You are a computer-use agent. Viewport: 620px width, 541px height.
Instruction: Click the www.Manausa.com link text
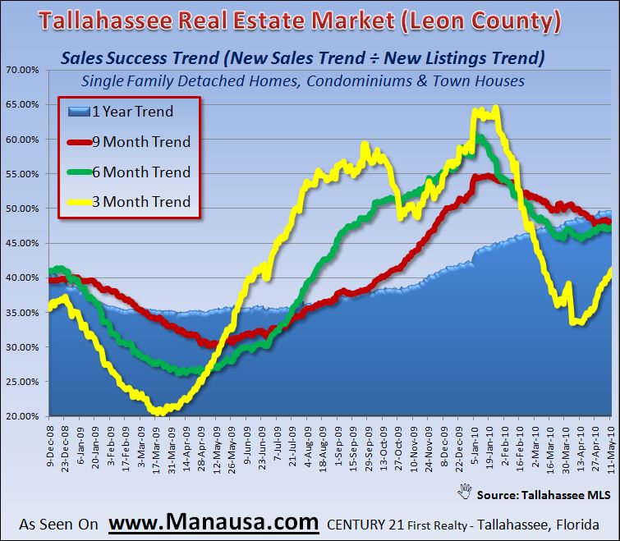pos(214,521)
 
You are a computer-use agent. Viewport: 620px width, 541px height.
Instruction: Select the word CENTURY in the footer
pos(354,523)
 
